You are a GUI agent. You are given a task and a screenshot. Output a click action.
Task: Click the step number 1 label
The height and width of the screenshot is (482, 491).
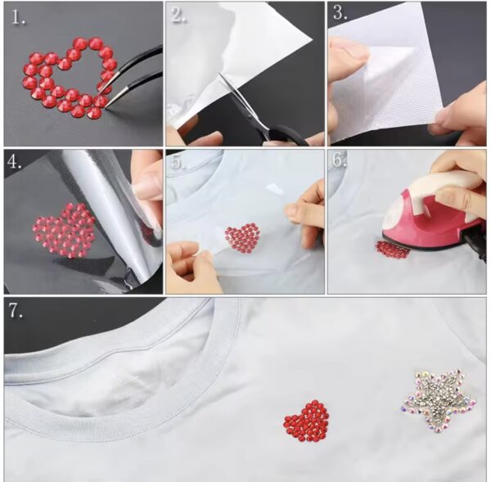(x=18, y=18)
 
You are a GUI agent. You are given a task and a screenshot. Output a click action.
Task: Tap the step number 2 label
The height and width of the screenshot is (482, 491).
(x=178, y=15)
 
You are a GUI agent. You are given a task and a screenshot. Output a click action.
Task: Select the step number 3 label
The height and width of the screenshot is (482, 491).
(x=340, y=13)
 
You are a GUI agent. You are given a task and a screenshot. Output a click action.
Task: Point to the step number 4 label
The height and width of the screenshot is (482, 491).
(x=15, y=161)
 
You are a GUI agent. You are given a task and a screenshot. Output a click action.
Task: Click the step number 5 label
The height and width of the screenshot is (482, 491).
(x=178, y=162)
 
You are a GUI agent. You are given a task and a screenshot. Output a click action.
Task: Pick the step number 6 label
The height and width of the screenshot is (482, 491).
(x=340, y=160)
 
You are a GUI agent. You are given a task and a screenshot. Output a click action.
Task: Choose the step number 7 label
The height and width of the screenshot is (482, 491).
(x=16, y=311)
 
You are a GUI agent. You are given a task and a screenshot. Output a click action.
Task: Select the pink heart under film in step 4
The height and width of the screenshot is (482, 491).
(x=64, y=231)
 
